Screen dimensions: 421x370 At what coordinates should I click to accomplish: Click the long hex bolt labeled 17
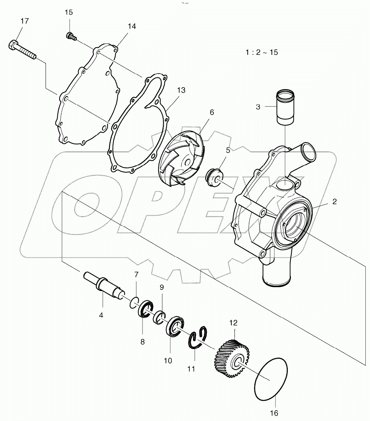coord(21,49)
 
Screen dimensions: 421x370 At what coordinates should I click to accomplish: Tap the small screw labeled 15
coord(70,36)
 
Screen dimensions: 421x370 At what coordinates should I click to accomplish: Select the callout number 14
coord(132,26)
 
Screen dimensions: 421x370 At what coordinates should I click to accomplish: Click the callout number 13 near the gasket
coord(181,90)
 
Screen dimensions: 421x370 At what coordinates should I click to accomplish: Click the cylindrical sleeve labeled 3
coord(286,107)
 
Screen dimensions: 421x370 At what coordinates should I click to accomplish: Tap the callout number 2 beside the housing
coord(335,202)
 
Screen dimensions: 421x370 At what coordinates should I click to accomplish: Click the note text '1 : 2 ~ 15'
coord(261,52)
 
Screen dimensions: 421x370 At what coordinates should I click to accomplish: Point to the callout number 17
coord(24,21)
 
